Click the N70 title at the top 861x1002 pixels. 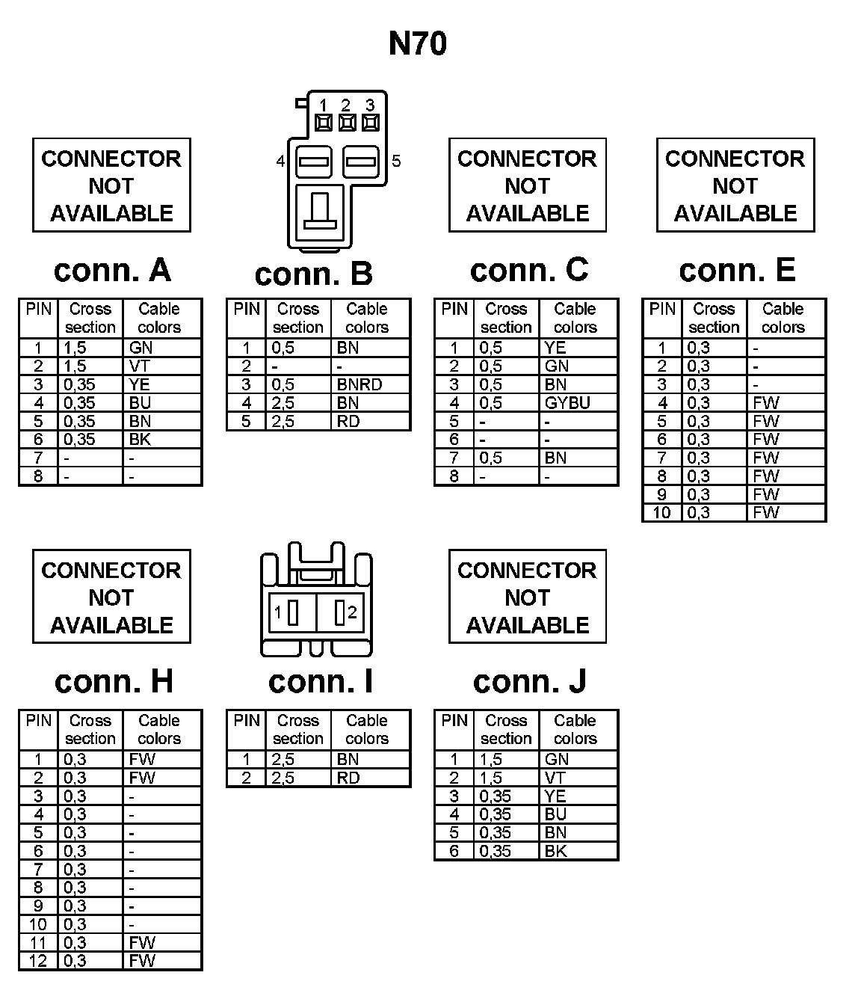[418, 44]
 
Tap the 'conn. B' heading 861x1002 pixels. [313, 274]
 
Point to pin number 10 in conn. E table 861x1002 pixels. [661, 513]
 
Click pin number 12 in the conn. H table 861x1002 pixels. [38, 961]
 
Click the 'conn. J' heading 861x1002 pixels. [529, 681]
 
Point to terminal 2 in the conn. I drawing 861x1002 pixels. [341, 614]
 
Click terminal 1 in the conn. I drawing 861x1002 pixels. [292, 614]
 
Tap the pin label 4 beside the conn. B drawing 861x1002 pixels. [280, 161]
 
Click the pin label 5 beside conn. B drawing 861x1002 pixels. [396, 161]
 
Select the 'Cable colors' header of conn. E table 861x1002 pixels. [783, 318]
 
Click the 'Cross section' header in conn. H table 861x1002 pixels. [90, 729]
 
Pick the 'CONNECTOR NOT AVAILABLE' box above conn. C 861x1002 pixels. [527, 185]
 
